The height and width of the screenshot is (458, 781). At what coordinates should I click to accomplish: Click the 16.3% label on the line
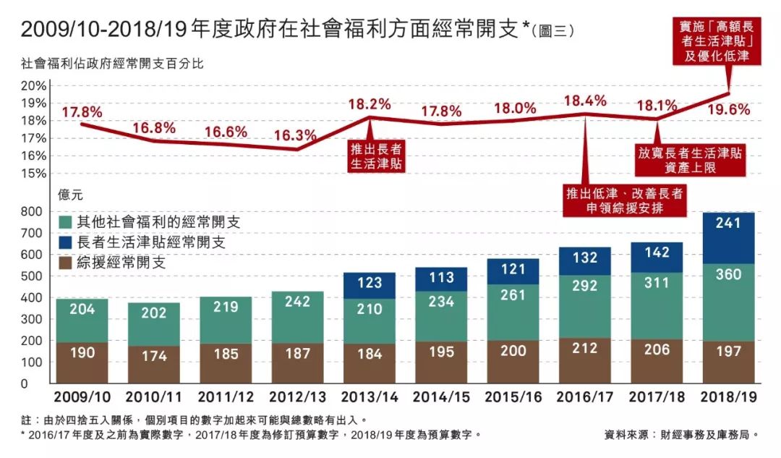coord(296,135)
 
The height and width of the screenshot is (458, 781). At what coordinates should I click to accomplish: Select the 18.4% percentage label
coord(586,101)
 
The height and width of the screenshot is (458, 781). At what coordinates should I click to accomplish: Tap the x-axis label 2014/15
coord(441,396)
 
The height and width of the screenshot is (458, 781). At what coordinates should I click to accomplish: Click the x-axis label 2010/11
coord(154,396)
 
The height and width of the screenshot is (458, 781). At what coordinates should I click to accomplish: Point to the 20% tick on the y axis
coord(34,85)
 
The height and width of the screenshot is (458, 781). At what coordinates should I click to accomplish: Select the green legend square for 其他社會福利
coord(65,222)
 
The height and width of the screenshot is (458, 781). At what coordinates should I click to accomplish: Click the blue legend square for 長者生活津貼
coord(65,242)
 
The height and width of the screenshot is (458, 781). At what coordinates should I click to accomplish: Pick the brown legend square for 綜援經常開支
coord(65,262)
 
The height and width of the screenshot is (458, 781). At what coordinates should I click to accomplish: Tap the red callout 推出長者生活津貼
coord(376,157)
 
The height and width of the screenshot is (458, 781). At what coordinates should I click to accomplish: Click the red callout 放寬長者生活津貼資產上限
coord(691,161)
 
